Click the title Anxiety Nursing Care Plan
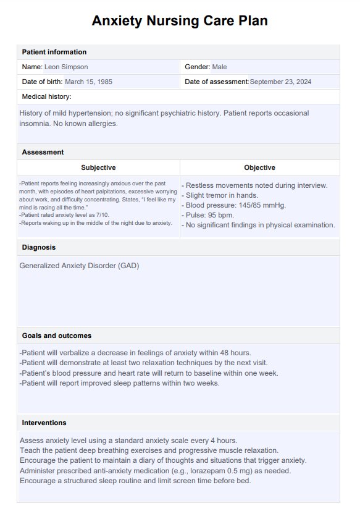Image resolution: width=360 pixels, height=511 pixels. point(180,21)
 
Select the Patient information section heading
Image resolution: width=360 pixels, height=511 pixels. point(54,52)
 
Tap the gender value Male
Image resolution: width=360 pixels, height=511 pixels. point(220,67)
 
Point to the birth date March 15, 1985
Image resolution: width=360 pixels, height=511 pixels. point(88,82)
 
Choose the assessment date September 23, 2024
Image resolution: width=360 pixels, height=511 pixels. point(290,82)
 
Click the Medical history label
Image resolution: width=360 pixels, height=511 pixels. point(47,96)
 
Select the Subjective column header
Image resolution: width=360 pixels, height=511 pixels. point(98,167)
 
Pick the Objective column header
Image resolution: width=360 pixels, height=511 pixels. point(259,167)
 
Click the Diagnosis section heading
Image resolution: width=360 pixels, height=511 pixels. point(39,247)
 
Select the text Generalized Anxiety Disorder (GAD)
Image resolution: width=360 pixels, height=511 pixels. point(80,266)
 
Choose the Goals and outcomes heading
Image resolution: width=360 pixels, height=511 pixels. point(57,336)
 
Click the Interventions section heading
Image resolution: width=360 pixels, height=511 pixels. point(44,423)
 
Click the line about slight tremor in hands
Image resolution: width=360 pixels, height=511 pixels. point(222,195)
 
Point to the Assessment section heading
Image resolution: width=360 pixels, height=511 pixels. point(43,152)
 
